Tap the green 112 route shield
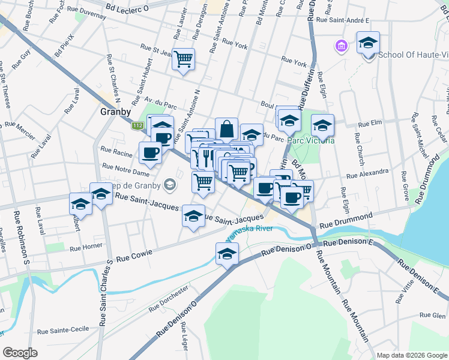coord(138,125)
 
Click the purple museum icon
coord(341,46)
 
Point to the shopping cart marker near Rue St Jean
coord(184,59)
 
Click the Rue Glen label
coord(432,315)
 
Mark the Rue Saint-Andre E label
coord(342,20)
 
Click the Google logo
coord(20,353)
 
